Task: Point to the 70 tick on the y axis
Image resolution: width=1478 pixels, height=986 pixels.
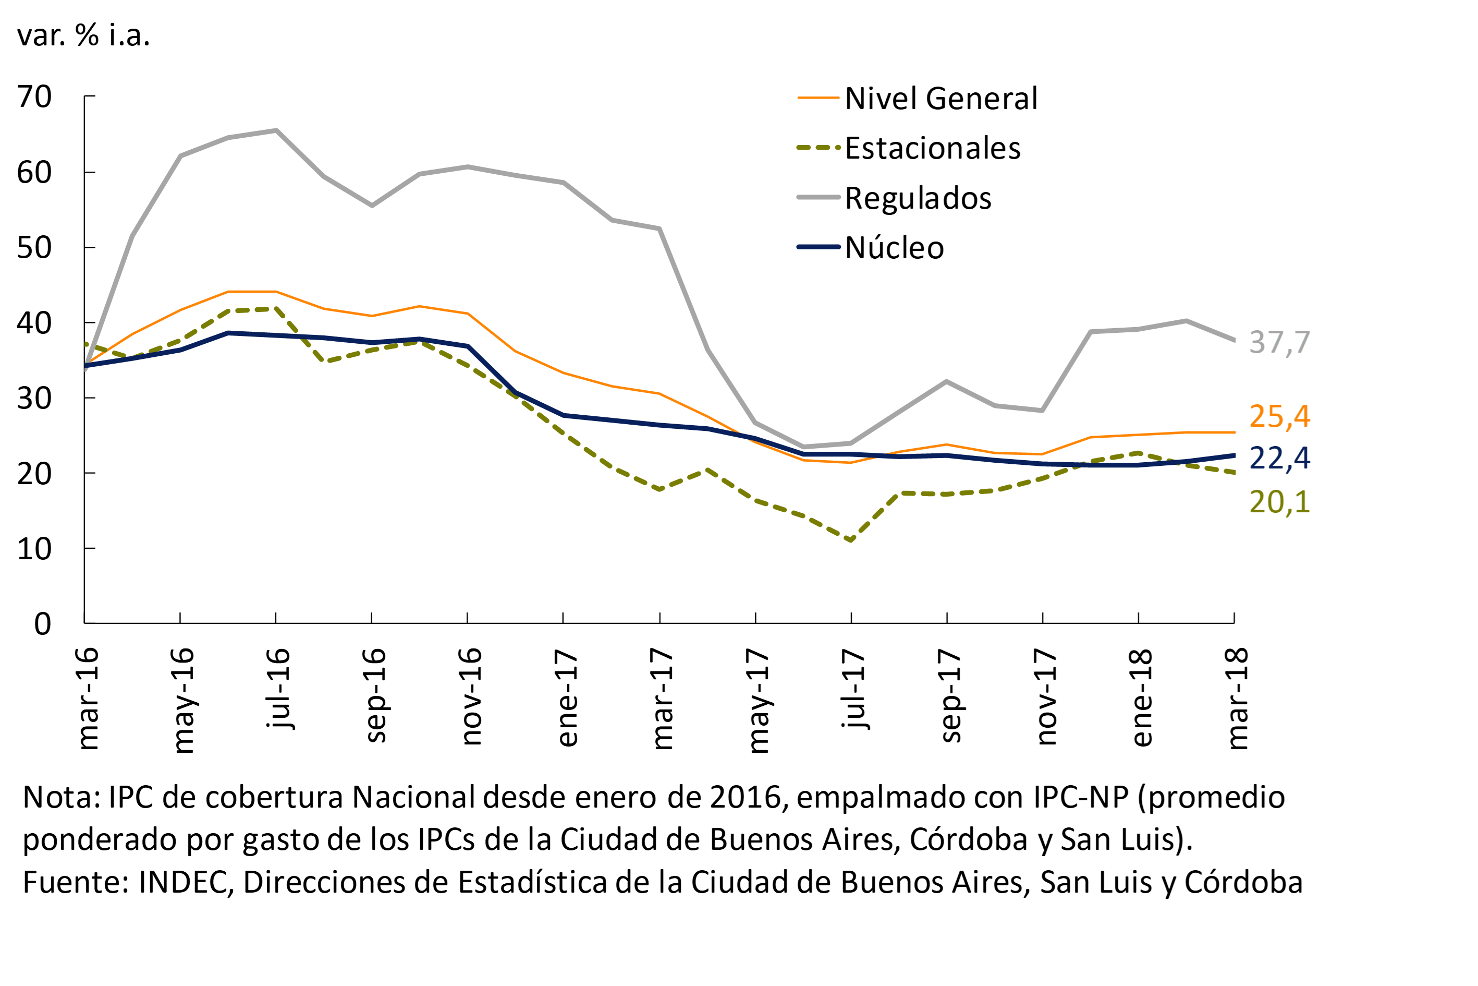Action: pos(34,97)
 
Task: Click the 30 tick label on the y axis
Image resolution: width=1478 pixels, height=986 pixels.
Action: pos(34,398)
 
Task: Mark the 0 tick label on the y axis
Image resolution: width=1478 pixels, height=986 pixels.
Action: pos(42,624)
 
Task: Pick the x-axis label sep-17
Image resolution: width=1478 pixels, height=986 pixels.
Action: pos(949,695)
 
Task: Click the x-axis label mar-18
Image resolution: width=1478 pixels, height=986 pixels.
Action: pos(1237,699)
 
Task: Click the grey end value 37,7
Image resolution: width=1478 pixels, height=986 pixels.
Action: pos(1279,343)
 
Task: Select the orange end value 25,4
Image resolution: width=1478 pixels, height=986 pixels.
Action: pos(1279,416)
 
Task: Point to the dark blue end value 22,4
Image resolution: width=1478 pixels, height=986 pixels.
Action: pos(1279,458)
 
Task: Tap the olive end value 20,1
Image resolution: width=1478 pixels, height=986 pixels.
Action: pos(1279,502)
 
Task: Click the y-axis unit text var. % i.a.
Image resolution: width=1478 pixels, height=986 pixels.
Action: pos(83,35)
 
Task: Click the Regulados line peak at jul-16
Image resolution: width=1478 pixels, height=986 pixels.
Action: pos(276,130)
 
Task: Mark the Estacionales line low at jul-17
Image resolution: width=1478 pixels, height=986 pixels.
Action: pos(850,540)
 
